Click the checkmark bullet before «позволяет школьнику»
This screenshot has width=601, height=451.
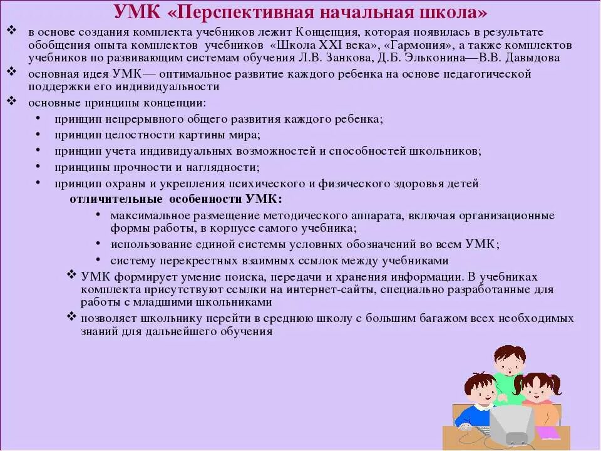[71, 317]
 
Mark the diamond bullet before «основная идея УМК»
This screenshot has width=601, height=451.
[11, 73]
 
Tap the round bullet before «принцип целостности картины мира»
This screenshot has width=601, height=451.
[38, 134]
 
